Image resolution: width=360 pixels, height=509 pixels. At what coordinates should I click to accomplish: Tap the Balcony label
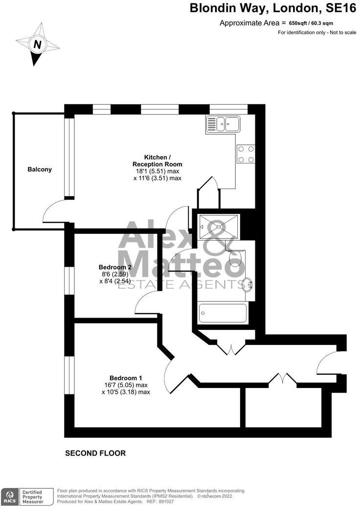click(40, 169)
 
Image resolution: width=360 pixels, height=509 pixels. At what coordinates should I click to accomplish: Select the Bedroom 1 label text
click(126, 378)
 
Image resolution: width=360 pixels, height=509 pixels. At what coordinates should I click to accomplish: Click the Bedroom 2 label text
click(115, 267)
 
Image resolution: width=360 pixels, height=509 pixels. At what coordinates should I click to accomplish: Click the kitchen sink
click(224, 123)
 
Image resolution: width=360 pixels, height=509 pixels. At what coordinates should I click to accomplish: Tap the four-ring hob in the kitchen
click(246, 154)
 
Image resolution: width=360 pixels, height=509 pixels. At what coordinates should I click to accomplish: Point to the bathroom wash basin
click(249, 284)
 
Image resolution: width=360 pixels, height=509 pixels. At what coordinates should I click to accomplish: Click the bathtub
click(223, 313)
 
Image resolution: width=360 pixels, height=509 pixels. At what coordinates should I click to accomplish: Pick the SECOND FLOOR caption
click(95, 453)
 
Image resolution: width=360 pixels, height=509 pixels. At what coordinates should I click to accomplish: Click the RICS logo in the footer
click(9, 496)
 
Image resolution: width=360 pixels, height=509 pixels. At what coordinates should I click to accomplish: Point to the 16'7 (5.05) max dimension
click(126, 385)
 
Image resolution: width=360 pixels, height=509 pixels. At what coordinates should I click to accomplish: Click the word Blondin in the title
click(211, 8)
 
